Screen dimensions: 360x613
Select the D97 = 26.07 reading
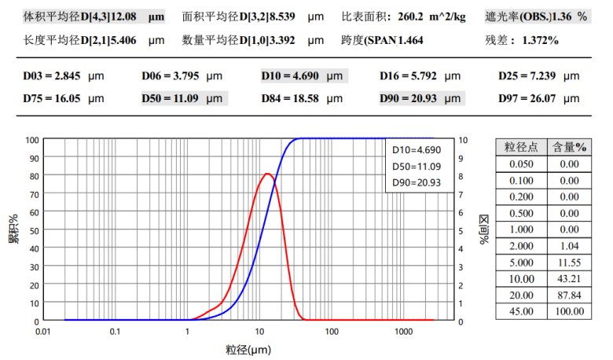[x=530, y=98]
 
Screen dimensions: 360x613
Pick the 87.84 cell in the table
[x=568, y=296]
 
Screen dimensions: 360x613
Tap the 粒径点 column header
[x=520, y=147]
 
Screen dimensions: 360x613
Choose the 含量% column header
[x=568, y=147]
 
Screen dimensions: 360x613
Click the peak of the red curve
[x=268, y=173]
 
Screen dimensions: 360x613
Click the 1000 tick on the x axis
[x=403, y=332]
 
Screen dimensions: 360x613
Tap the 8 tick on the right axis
[x=463, y=176]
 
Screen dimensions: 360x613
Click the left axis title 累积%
[x=13, y=230]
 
